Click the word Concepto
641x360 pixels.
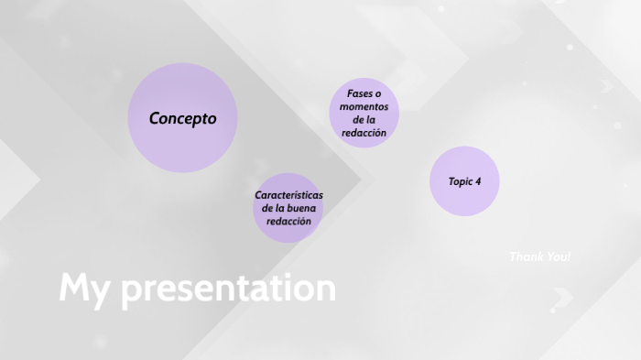pos(183,118)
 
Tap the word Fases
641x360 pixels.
pos(360,94)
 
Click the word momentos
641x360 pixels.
pos(364,107)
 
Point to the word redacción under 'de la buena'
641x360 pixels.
pos(288,222)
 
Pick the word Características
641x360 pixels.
pos(288,195)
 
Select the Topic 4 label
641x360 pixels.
pos(464,181)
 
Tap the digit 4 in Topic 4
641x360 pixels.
pos(478,181)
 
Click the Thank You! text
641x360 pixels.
pos(539,256)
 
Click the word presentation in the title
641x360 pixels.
pos(228,289)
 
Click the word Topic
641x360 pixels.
pos(460,181)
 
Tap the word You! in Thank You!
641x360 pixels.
pos(558,256)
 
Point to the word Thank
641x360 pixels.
pos(526,256)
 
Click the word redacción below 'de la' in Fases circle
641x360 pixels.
pos(364,133)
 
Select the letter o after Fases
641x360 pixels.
pos(377,94)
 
